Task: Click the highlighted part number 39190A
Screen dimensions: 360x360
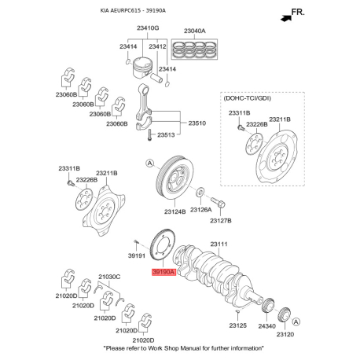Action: point(163,272)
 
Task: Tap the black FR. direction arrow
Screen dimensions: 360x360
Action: point(286,18)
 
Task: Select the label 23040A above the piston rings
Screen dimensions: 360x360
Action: point(194,31)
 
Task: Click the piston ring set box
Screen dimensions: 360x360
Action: point(194,50)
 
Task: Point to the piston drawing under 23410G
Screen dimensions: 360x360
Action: point(142,68)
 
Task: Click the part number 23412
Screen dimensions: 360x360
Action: point(157,46)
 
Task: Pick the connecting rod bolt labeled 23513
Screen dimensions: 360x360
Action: point(149,135)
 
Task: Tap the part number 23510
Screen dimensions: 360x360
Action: point(197,123)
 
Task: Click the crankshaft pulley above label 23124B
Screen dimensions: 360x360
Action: point(174,178)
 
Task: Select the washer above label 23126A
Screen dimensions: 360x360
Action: point(200,193)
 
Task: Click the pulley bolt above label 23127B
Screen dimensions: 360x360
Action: point(218,202)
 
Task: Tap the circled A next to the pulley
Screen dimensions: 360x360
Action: point(149,163)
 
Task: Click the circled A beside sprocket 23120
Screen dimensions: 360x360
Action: point(296,321)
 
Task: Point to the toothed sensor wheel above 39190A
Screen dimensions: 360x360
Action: point(163,245)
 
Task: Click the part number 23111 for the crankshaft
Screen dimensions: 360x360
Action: point(219,244)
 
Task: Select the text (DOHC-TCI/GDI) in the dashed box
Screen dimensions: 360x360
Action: point(247,98)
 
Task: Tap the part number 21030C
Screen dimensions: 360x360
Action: point(109,277)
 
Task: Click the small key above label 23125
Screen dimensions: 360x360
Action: point(237,311)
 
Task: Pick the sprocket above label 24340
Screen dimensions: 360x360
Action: point(268,306)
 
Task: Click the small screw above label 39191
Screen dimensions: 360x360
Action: point(136,242)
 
